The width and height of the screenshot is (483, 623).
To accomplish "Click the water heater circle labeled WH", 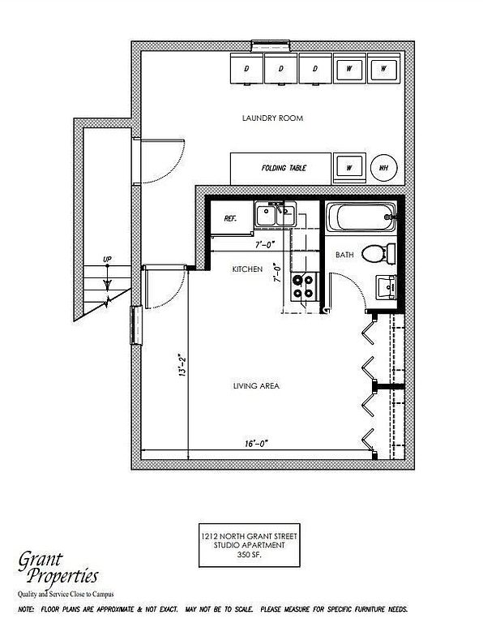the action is (384, 168).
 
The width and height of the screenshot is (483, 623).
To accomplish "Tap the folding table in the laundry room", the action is (280, 169).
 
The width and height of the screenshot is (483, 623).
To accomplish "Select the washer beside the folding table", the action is (349, 168).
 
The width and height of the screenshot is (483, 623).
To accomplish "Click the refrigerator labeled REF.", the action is (232, 218).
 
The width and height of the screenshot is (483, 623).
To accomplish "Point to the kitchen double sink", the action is (275, 214).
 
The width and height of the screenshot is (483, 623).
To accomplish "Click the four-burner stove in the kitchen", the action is (305, 287).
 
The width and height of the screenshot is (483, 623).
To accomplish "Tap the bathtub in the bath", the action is (361, 217).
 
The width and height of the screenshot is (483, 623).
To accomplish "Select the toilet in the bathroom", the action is (378, 253).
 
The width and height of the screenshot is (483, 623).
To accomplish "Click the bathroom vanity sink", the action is (386, 287).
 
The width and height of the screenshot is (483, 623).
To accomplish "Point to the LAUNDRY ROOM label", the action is (272, 118).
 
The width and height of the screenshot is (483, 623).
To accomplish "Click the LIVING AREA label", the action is (256, 386).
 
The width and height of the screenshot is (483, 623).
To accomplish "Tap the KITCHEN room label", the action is (247, 269).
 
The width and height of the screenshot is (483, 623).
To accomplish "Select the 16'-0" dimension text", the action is (256, 443).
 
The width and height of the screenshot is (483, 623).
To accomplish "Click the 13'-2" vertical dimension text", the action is (182, 365).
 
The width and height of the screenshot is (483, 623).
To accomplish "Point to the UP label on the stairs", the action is (107, 260).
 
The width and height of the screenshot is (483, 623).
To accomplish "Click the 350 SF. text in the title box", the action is (249, 555).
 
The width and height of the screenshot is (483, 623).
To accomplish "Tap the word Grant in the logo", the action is (40, 561).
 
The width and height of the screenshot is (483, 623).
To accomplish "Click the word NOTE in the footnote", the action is (26, 609).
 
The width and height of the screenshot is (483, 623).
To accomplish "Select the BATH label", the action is (344, 255).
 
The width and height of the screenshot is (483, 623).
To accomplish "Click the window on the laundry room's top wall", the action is (271, 45).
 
